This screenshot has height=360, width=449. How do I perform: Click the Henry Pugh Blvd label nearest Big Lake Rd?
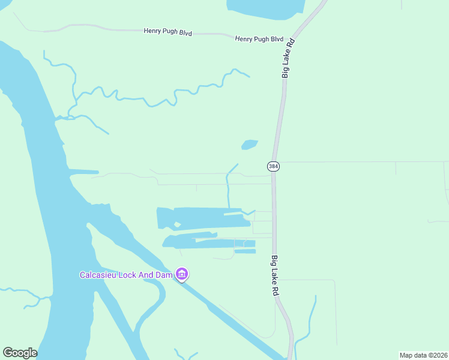coord(259,39)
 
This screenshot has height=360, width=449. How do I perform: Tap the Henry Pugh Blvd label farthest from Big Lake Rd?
coord(167,32)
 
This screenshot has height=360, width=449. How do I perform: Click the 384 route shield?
coord(273,166)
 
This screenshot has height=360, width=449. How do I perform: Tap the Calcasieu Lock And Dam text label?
coord(126,275)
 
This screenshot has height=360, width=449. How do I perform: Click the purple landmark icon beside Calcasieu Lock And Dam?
coord(182,275)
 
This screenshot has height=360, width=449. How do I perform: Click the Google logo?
coord(20,353)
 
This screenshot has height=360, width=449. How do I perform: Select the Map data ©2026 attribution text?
coord(423,355)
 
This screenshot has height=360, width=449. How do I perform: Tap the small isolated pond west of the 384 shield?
coord(249,145)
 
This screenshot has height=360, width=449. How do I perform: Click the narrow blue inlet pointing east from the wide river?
coord(84,172)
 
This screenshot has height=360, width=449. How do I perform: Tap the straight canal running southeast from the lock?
coord(240,324)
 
